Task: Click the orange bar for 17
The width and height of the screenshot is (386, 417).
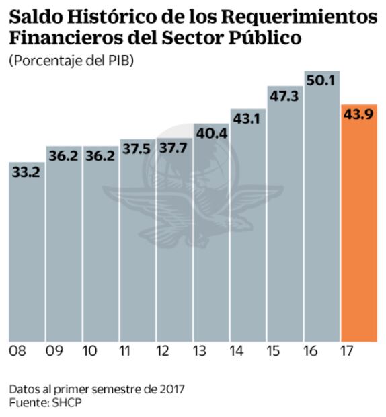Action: pos(359,229)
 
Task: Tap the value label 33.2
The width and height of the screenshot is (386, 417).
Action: pos(26,173)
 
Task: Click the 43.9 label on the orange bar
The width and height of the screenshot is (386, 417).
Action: pos(359,115)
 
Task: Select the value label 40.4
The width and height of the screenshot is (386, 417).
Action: pos(211,134)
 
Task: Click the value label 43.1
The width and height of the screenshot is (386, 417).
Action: pos(248,118)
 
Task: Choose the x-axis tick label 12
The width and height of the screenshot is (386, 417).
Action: pos(163,352)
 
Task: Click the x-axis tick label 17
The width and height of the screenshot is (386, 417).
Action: pos(346,352)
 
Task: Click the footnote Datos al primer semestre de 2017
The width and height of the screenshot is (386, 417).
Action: pos(96,389)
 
